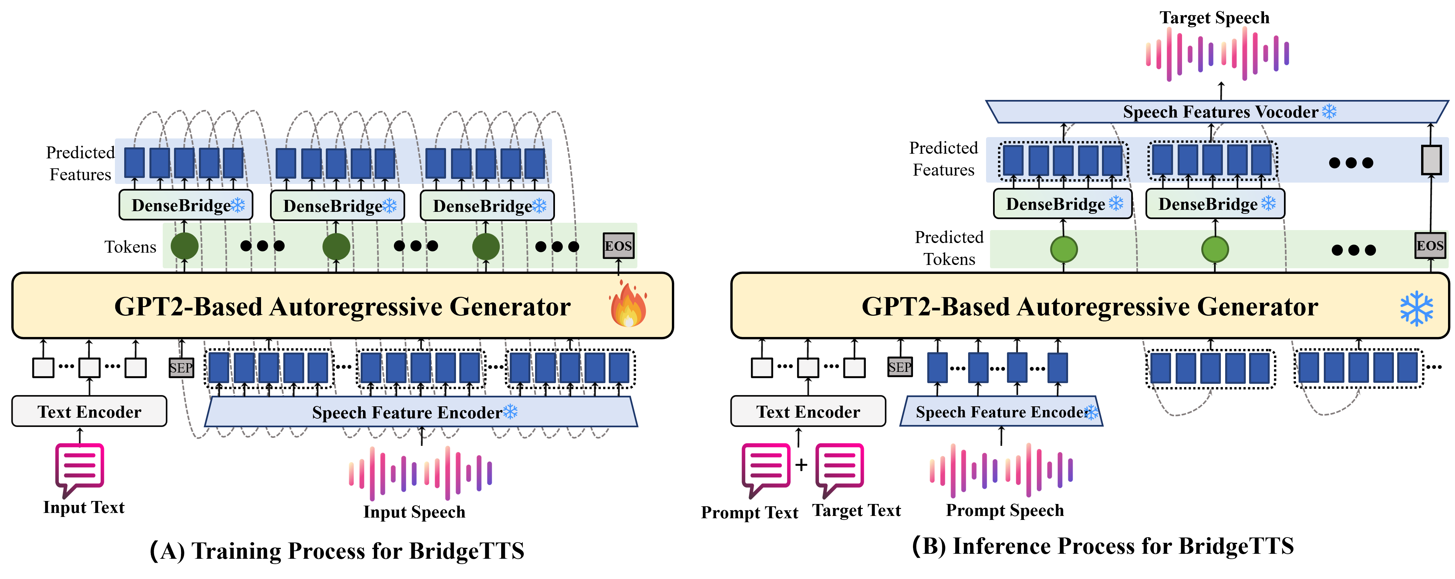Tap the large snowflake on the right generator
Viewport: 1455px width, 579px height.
[x=1416, y=308]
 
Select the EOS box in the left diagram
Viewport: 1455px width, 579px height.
[x=618, y=246]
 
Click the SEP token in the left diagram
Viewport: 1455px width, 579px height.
[x=181, y=368]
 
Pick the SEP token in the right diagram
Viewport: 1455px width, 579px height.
[x=900, y=367]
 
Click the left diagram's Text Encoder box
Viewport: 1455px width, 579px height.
[x=89, y=411]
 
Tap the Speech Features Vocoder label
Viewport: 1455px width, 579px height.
[x=1220, y=112]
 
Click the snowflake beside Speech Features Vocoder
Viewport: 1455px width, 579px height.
[x=1329, y=111]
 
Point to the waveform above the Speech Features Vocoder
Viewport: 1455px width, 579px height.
[x=1217, y=54]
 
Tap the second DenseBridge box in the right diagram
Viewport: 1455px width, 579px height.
[x=1215, y=204]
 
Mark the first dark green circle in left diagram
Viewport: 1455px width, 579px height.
[x=185, y=246]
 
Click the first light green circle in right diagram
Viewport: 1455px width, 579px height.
[x=1063, y=249]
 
